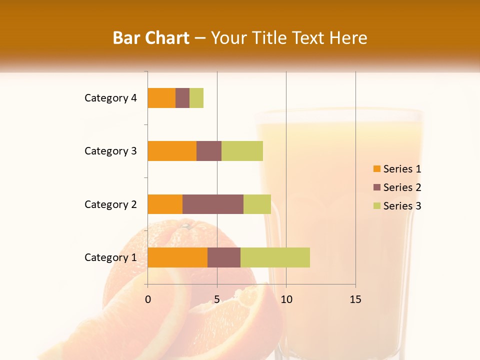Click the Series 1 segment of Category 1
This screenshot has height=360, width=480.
pyautogui.click(x=177, y=257)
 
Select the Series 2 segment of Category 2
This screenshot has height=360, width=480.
pyautogui.click(x=213, y=204)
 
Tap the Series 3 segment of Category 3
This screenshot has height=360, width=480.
pyautogui.click(x=242, y=151)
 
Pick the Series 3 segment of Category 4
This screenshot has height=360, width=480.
pyautogui.click(x=196, y=98)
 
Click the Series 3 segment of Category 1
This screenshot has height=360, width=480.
pyautogui.click(x=275, y=257)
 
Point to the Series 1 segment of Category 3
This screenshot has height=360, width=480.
pyautogui.click(x=172, y=151)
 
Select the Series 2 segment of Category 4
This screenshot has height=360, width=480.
pyautogui.click(x=182, y=98)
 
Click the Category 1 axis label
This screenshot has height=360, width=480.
pyautogui.click(x=110, y=257)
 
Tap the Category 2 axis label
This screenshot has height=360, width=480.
pyautogui.click(x=110, y=204)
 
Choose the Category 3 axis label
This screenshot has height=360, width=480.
pyautogui.click(x=110, y=151)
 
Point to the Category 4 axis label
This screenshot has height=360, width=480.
pyautogui.click(x=110, y=98)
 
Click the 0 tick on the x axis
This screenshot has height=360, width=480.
pyautogui.click(x=148, y=299)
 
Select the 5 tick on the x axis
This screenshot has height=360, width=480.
pyautogui.click(x=217, y=299)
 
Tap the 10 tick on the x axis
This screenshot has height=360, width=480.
pyautogui.click(x=286, y=299)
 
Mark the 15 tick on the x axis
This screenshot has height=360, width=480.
pyautogui.click(x=355, y=299)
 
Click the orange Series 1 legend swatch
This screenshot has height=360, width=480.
pyautogui.click(x=376, y=169)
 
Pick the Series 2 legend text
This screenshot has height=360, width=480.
pyautogui.click(x=402, y=187)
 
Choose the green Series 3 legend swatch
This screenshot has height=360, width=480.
pyautogui.click(x=376, y=206)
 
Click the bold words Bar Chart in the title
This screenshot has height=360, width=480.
pyautogui.click(x=151, y=38)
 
